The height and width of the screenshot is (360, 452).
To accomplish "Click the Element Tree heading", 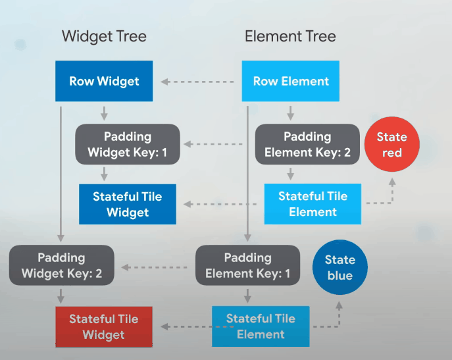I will click(290, 36).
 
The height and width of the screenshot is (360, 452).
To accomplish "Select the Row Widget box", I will click(104, 82).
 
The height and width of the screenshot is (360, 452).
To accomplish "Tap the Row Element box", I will click(291, 82).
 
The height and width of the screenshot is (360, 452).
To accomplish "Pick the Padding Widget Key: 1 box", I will click(127, 145).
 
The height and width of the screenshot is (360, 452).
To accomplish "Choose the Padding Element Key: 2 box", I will click(307, 145).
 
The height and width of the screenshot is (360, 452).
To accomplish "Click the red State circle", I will click(391, 145).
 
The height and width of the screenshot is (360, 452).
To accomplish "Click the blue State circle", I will click(339, 267).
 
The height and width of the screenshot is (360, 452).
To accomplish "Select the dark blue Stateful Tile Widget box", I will click(127, 204).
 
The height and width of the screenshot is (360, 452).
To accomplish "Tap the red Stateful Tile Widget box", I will click(104, 327).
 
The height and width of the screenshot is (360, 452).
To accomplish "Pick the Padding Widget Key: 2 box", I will click(61, 265).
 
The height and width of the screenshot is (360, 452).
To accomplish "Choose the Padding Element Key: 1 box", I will click(248, 265).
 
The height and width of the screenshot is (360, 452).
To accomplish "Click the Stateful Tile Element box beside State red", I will click(313, 204).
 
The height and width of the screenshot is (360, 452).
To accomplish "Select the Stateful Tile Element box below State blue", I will click(261, 326).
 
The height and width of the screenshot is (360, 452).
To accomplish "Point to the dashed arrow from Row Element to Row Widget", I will click(197, 82).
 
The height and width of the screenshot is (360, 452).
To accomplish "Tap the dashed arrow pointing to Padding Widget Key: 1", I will click(217, 143).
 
